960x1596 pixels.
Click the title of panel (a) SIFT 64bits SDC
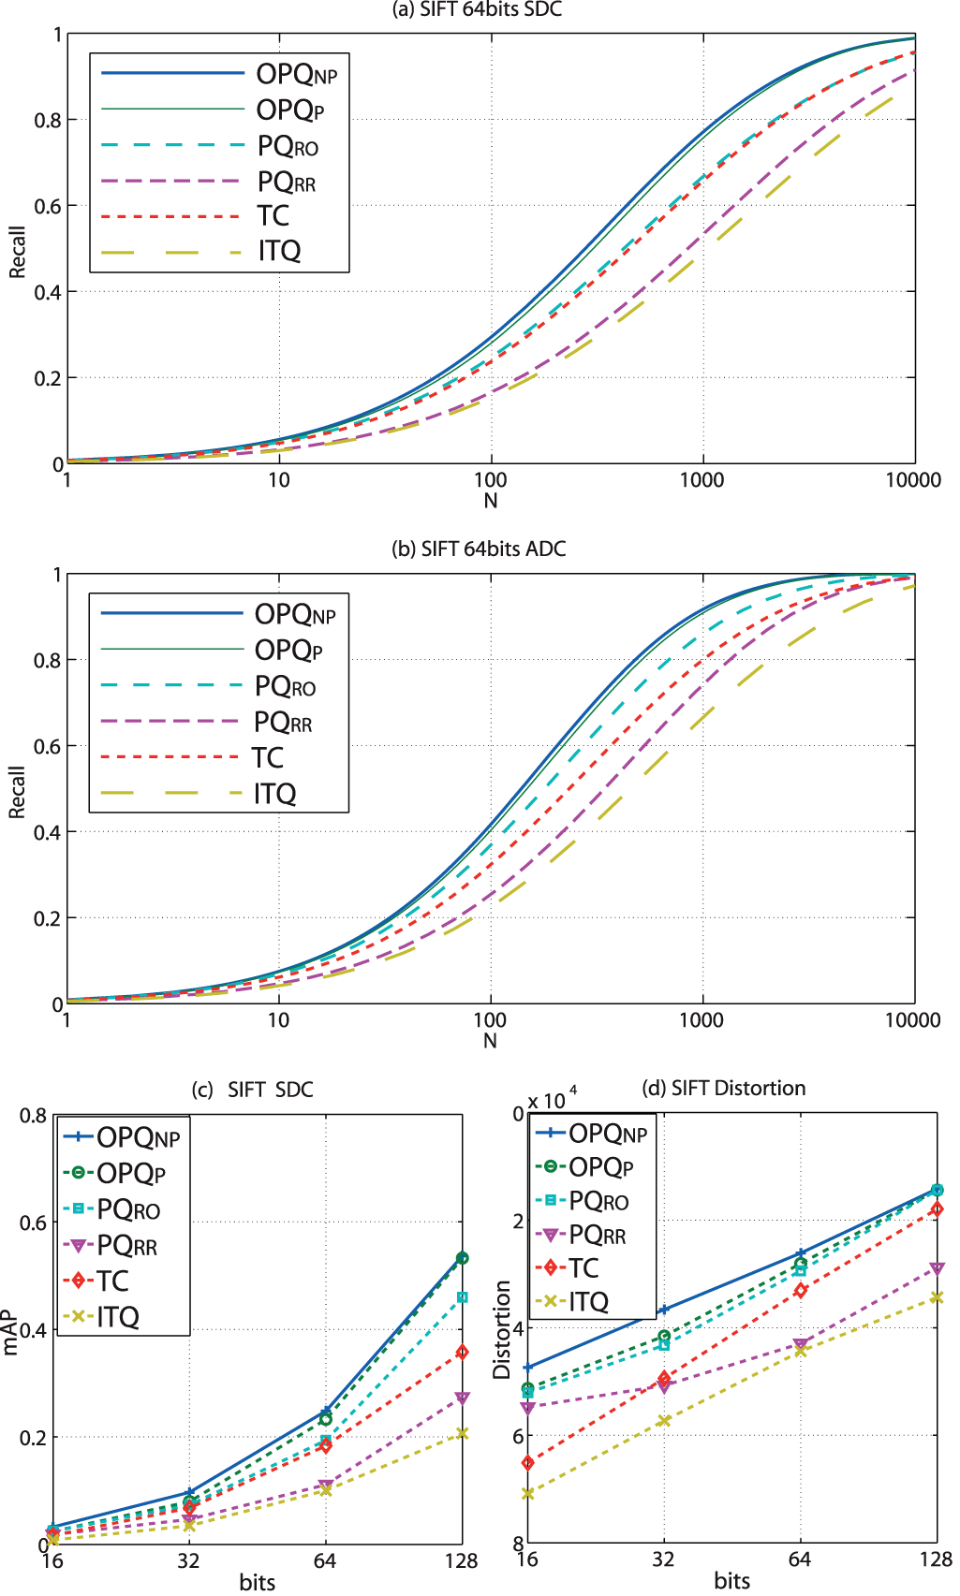477,10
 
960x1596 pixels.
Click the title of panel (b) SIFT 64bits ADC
479,549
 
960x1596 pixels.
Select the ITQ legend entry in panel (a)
279,252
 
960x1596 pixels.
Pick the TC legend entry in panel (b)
268,757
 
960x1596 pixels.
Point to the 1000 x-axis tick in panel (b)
701,1020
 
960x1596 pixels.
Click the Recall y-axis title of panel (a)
17,251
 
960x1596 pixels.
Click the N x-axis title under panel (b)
490,1041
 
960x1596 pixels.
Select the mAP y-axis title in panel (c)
11,1333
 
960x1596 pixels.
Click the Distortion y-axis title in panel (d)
502,1329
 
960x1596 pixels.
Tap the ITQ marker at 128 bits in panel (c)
462,1433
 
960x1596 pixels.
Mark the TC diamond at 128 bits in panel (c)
462,1352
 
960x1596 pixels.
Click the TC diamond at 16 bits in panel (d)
527,1462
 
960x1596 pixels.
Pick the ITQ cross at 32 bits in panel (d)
664,1420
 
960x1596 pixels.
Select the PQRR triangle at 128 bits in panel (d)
937,1268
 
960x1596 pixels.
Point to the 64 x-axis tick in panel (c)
325,1560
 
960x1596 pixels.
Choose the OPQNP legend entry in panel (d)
608,1135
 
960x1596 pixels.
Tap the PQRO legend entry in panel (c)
128,1210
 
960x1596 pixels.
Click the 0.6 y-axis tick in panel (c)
34,1223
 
